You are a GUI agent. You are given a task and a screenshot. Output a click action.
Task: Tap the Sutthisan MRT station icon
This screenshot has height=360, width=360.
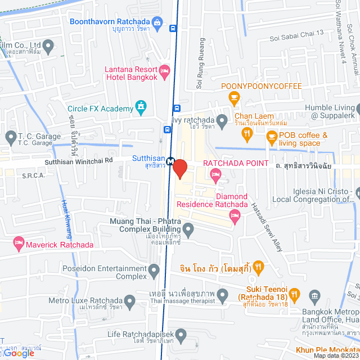170,160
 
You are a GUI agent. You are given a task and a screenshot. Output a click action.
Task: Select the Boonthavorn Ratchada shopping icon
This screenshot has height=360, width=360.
157,22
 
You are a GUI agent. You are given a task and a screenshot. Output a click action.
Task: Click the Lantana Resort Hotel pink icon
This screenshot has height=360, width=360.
164,70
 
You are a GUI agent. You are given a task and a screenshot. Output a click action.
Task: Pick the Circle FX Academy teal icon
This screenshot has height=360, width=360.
140,106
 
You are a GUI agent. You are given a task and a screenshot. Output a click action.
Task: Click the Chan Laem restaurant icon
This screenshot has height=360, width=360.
246,133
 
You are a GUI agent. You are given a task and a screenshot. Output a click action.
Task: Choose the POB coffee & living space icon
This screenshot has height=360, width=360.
272,136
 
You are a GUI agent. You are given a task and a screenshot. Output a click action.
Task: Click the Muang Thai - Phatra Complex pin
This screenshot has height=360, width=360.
188,228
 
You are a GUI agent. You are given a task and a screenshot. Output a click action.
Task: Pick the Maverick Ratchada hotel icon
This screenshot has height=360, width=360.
19,244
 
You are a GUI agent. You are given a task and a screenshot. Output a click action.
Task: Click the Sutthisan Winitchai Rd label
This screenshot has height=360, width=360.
80,160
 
